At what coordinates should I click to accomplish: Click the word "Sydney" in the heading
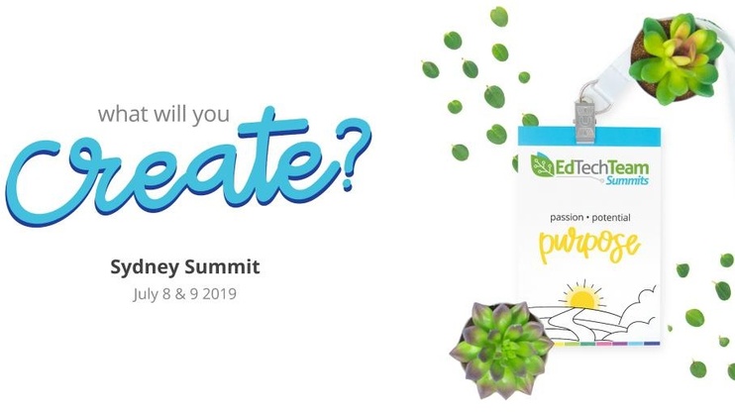coord(145,267)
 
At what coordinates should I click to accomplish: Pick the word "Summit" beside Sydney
coord(222,266)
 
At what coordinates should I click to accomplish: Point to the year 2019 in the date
coord(219,294)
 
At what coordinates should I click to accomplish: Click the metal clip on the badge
coord(585,115)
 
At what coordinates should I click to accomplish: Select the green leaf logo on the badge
coord(543,165)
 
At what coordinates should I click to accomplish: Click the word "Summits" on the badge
coord(627,180)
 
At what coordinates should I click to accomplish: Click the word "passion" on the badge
coord(567,218)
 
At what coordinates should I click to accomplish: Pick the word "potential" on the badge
coord(611,218)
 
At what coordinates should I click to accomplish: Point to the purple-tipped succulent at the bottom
coord(501,350)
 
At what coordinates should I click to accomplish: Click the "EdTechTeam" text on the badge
coord(602,167)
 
